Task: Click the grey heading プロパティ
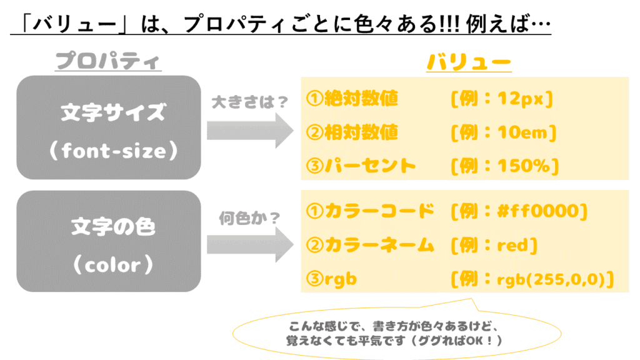point(107,61)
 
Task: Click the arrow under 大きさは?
point(249,131)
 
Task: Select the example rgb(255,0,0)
point(552,279)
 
